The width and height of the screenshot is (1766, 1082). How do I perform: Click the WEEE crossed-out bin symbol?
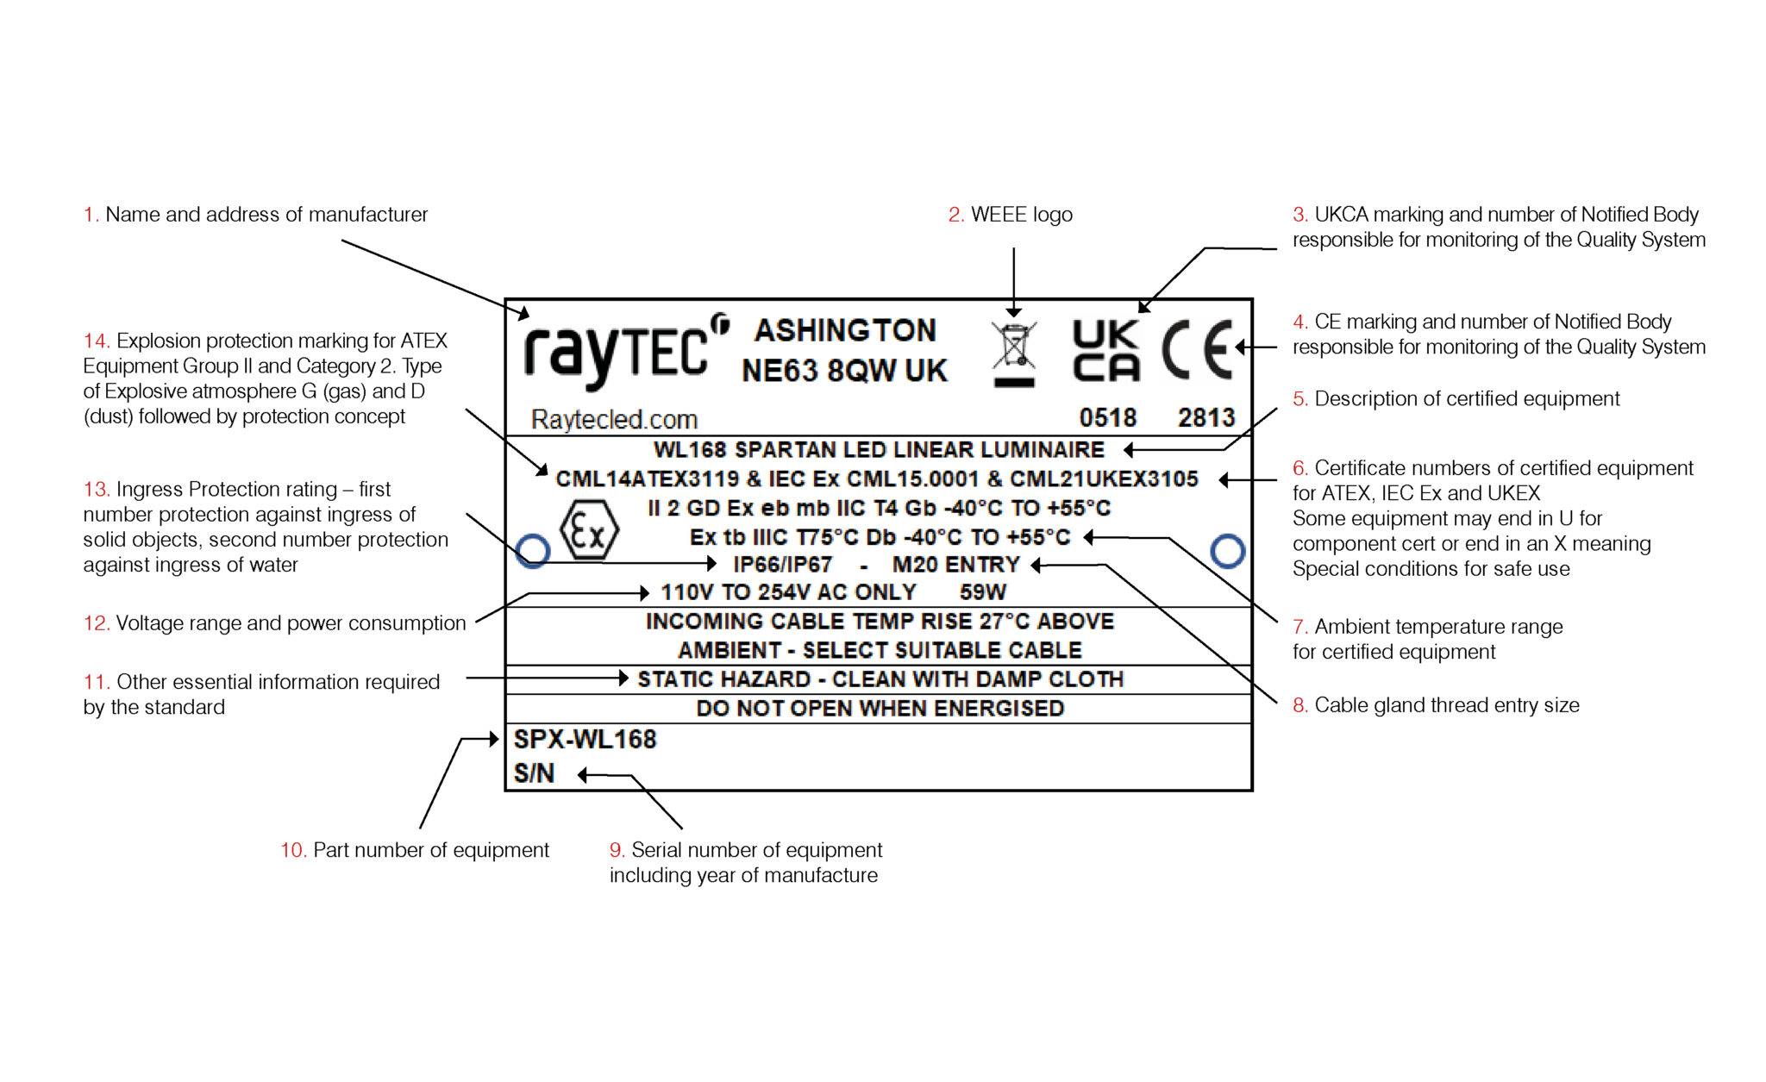pyautogui.click(x=1014, y=353)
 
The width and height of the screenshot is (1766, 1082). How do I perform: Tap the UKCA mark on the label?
pyautogui.click(x=1106, y=351)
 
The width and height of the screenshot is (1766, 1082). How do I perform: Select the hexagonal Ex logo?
pyautogui.click(x=589, y=530)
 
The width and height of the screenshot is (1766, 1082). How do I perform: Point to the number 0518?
pyautogui.click(x=1108, y=418)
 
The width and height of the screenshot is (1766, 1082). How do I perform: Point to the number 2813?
pyautogui.click(x=1206, y=418)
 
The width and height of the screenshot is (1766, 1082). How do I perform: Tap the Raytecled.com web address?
pyautogui.click(x=614, y=420)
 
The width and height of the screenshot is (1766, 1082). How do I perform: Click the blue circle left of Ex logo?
pyautogui.click(x=533, y=550)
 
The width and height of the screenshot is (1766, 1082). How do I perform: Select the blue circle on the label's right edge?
pyautogui.click(x=1227, y=550)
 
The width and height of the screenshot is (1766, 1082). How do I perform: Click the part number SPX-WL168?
pyautogui.click(x=585, y=740)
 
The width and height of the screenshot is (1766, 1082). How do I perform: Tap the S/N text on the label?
pyautogui.click(x=534, y=773)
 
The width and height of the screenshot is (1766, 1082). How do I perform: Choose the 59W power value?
pyautogui.click(x=983, y=592)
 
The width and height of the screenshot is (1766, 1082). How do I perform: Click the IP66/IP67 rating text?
pyautogui.click(x=782, y=565)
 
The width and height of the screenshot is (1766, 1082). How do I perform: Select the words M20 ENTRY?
pyautogui.click(x=955, y=565)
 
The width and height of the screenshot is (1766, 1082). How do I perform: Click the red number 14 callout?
pyautogui.click(x=96, y=341)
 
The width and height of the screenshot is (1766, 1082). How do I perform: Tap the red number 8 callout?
pyautogui.click(x=1299, y=705)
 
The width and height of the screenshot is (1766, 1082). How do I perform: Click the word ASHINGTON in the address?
pyautogui.click(x=845, y=330)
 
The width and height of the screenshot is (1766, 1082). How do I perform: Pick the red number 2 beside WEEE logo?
pyautogui.click(x=955, y=215)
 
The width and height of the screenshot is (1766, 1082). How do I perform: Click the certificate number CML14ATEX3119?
pyautogui.click(x=647, y=479)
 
